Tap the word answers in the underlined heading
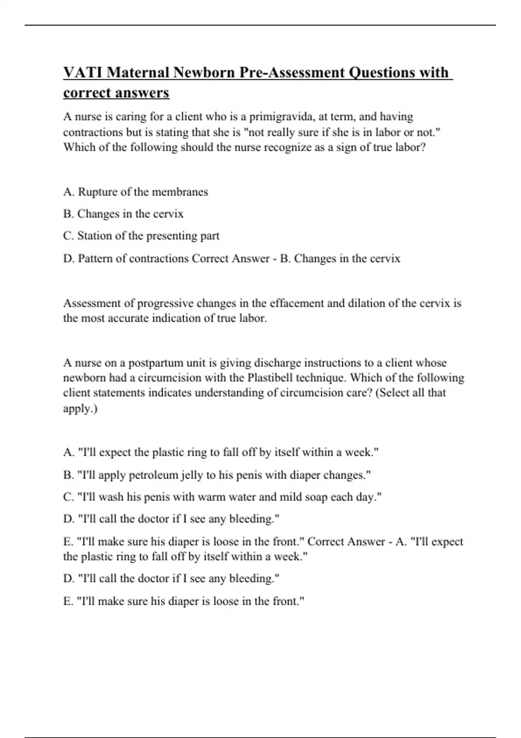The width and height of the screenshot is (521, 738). [x=145, y=93]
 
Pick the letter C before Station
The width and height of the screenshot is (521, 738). [x=67, y=236]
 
